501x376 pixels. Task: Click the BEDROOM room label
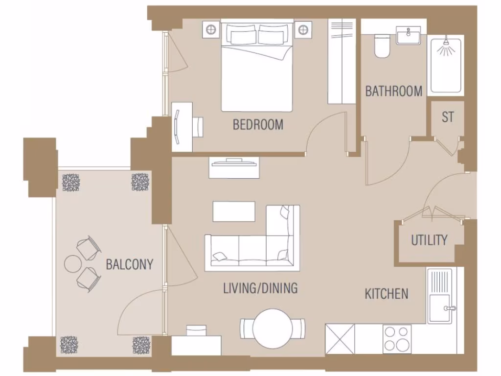point(258,124)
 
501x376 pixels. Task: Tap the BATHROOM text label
point(393,91)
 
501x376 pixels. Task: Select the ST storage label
point(448,117)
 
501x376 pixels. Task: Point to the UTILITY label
point(429,240)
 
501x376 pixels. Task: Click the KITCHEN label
point(387,294)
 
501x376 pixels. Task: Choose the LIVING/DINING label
point(260,288)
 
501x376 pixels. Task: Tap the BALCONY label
point(130,264)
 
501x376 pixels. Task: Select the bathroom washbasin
point(407,36)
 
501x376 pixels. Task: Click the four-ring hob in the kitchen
point(397,338)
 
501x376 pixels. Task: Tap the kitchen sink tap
point(449,308)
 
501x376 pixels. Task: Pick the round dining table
point(273,328)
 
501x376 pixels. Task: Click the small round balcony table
point(72,264)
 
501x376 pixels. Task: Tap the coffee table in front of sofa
point(234,211)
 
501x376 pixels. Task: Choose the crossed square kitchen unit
point(340,338)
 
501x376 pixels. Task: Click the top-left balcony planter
point(71,182)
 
